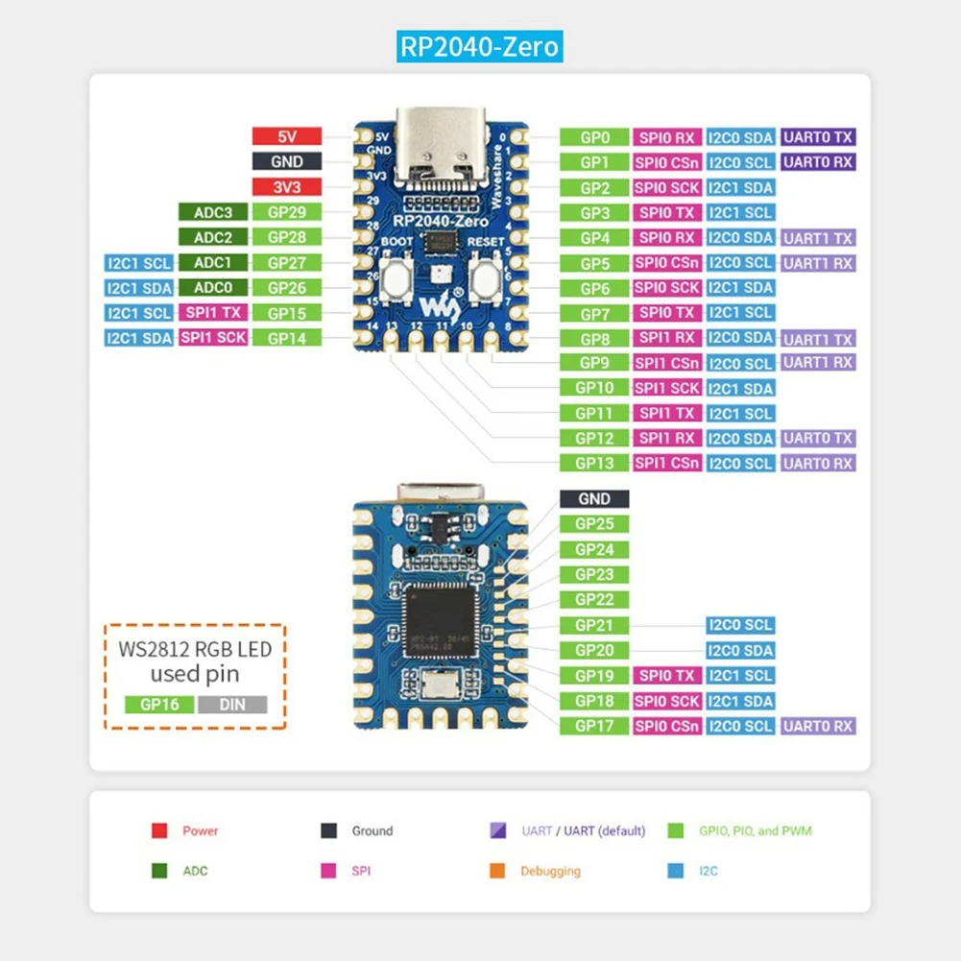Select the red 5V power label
[286, 137]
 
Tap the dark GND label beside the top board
[286, 162]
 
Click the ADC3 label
[213, 212]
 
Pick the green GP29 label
[286, 212]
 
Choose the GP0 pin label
[594, 137]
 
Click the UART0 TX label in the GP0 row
[817, 137]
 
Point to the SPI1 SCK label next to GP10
[667, 388]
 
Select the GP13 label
[594, 463]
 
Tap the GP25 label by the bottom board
[594, 524]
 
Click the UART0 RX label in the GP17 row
[817, 726]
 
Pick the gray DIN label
[232, 705]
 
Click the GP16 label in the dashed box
[159, 705]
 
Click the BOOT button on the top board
[396, 277]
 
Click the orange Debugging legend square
[497, 871]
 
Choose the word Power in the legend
[201, 830]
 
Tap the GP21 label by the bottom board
[594, 625]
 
